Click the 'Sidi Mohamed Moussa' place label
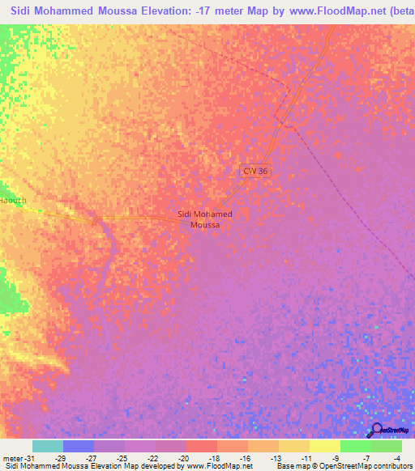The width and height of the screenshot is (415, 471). [204, 219]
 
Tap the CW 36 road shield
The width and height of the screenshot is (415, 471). [255, 172]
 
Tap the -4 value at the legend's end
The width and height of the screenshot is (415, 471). [397, 458]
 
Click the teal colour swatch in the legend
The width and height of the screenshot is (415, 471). [48, 446]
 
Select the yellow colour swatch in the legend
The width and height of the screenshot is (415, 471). [324, 446]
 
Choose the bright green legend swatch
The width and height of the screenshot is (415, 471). [355, 446]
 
